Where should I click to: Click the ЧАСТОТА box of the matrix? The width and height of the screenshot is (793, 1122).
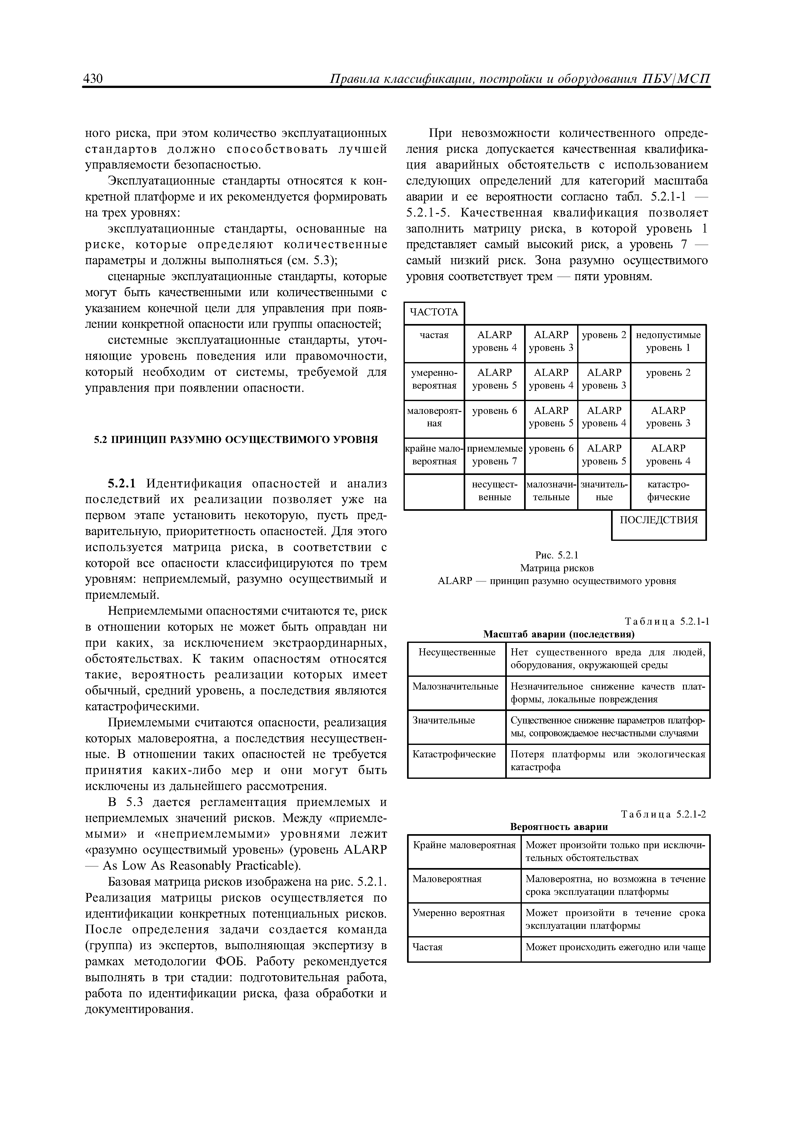(x=434, y=312)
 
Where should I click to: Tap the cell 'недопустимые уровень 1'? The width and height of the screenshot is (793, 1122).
(x=668, y=341)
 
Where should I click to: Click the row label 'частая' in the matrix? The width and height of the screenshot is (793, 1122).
(x=434, y=335)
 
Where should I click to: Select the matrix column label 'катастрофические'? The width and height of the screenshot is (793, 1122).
(x=668, y=491)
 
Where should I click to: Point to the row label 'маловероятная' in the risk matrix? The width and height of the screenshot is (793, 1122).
(x=434, y=417)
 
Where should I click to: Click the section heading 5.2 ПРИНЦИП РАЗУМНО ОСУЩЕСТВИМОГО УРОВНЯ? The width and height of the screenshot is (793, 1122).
(x=236, y=439)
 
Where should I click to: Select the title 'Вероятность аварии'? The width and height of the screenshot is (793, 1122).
(x=559, y=827)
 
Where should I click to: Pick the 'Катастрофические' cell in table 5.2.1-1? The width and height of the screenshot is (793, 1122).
(x=454, y=754)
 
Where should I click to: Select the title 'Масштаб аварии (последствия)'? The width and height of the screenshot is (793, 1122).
(x=559, y=634)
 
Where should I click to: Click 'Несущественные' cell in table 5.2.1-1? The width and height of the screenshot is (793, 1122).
(x=456, y=652)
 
